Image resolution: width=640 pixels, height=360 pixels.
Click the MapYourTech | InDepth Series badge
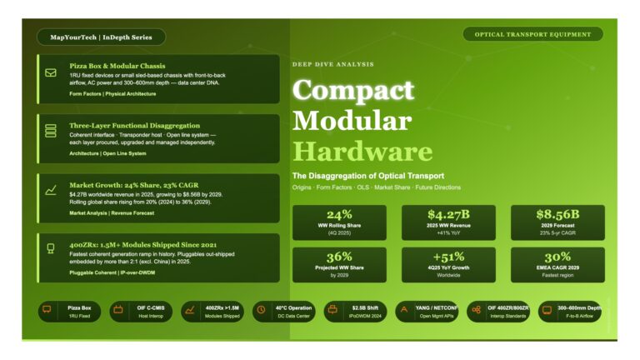tap(101, 37)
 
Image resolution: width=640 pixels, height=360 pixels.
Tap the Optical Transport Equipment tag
tap(532, 34)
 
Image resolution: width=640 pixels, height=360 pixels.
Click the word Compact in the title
tap(353, 90)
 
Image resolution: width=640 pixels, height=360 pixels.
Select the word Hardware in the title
tap(362, 152)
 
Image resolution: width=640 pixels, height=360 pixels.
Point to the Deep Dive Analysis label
tap(332, 64)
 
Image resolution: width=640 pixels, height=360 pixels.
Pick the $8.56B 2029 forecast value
tap(557, 214)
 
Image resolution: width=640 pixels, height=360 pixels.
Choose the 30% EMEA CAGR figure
tap(557, 256)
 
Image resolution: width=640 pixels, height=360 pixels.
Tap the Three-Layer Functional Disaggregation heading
tap(134, 125)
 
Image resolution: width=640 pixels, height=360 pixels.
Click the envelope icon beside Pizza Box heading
tap(51, 73)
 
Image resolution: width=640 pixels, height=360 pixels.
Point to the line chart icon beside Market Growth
tap(51, 191)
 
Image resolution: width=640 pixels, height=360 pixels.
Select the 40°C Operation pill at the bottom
tap(282, 312)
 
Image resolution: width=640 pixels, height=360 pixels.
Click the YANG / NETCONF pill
tap(427, 312)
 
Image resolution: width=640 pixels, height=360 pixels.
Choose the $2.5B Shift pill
tap(354, 312)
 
